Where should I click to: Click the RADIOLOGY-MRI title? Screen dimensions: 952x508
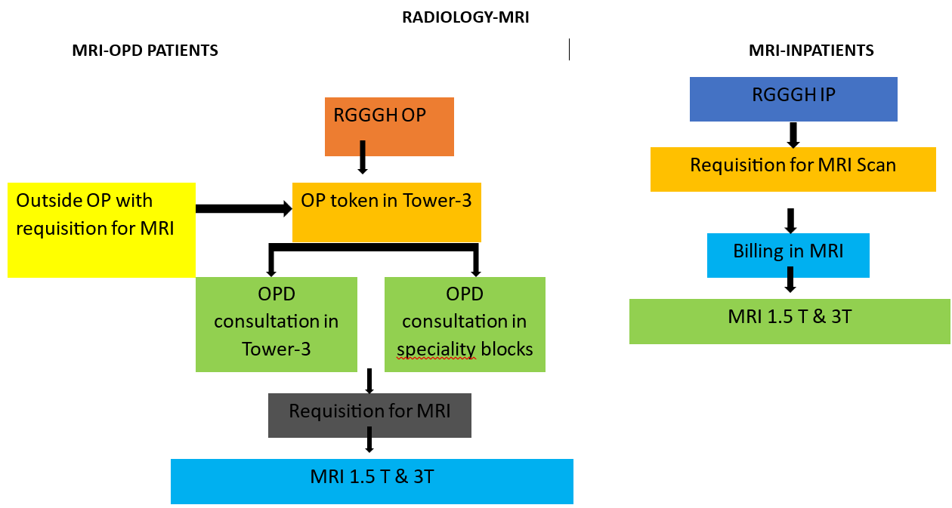(x=465, y=17)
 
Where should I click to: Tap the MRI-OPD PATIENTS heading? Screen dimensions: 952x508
(x=145, y=51)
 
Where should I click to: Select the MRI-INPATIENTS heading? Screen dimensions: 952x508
(x=811, y=51)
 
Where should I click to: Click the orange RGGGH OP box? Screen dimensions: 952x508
(x=389, y=127)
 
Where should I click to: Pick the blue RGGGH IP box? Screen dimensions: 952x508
(x=793, y=99)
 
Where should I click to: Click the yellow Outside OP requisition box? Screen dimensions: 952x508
(x=101, y=229)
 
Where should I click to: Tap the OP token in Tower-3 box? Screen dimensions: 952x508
(x=387, y=212)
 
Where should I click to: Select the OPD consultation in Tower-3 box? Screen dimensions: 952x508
(x=277, y=324)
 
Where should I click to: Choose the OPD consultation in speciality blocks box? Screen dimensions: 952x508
(x=465, y=324)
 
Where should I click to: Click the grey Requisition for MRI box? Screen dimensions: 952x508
(x=369, y=415)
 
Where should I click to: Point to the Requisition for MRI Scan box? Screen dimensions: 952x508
(x=793, y=169)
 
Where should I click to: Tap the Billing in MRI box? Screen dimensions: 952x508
(x=788, y=255)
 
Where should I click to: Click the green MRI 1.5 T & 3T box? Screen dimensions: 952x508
(x=790, y=321)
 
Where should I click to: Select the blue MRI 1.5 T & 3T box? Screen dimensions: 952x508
(x=372, y=482)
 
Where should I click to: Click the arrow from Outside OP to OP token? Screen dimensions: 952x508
(x=244, y=208)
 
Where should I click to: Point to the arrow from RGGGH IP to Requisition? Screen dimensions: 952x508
(x=793, y=135)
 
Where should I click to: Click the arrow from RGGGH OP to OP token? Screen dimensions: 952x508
(x=363, y=157)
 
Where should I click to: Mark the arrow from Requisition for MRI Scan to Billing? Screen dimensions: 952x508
(x=790, y=221)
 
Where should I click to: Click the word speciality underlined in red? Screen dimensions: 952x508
(x=436, y=349)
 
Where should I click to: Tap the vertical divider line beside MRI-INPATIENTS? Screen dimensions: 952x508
(x=569, y=49)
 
